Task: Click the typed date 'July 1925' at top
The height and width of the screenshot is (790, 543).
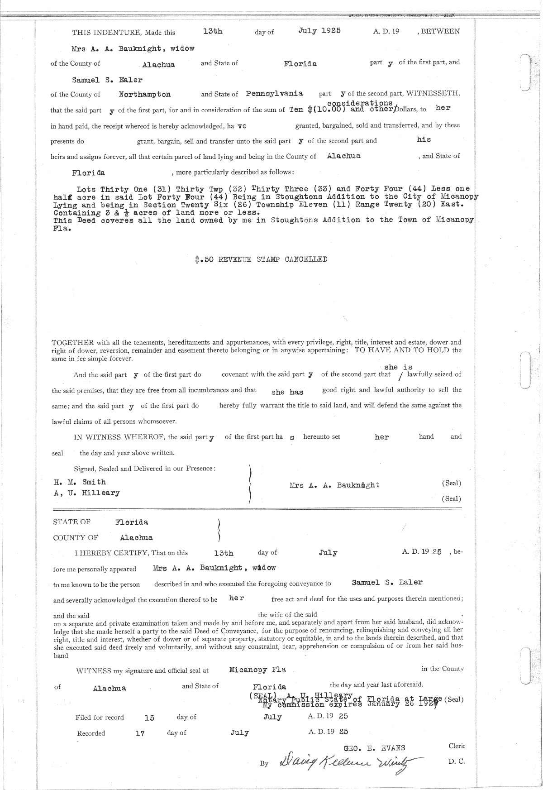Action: pos(319,31)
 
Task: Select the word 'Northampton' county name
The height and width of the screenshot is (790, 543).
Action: pos(145,94)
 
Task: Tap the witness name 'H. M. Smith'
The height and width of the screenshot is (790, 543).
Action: pos(80,482)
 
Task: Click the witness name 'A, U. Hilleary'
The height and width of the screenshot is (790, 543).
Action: pos(87,493)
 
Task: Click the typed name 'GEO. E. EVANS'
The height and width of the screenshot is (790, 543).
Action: pos(375,747)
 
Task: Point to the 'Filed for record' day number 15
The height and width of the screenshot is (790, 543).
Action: pos(149,718)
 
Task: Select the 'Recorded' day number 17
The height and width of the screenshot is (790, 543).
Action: pos(140,734)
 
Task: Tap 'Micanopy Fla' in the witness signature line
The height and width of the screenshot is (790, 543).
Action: pos(257,670)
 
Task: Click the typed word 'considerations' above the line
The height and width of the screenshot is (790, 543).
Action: pos(359,104)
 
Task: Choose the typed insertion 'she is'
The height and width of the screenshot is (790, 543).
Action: pos(398,367)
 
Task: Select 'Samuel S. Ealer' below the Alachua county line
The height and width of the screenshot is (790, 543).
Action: pos(107,80)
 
